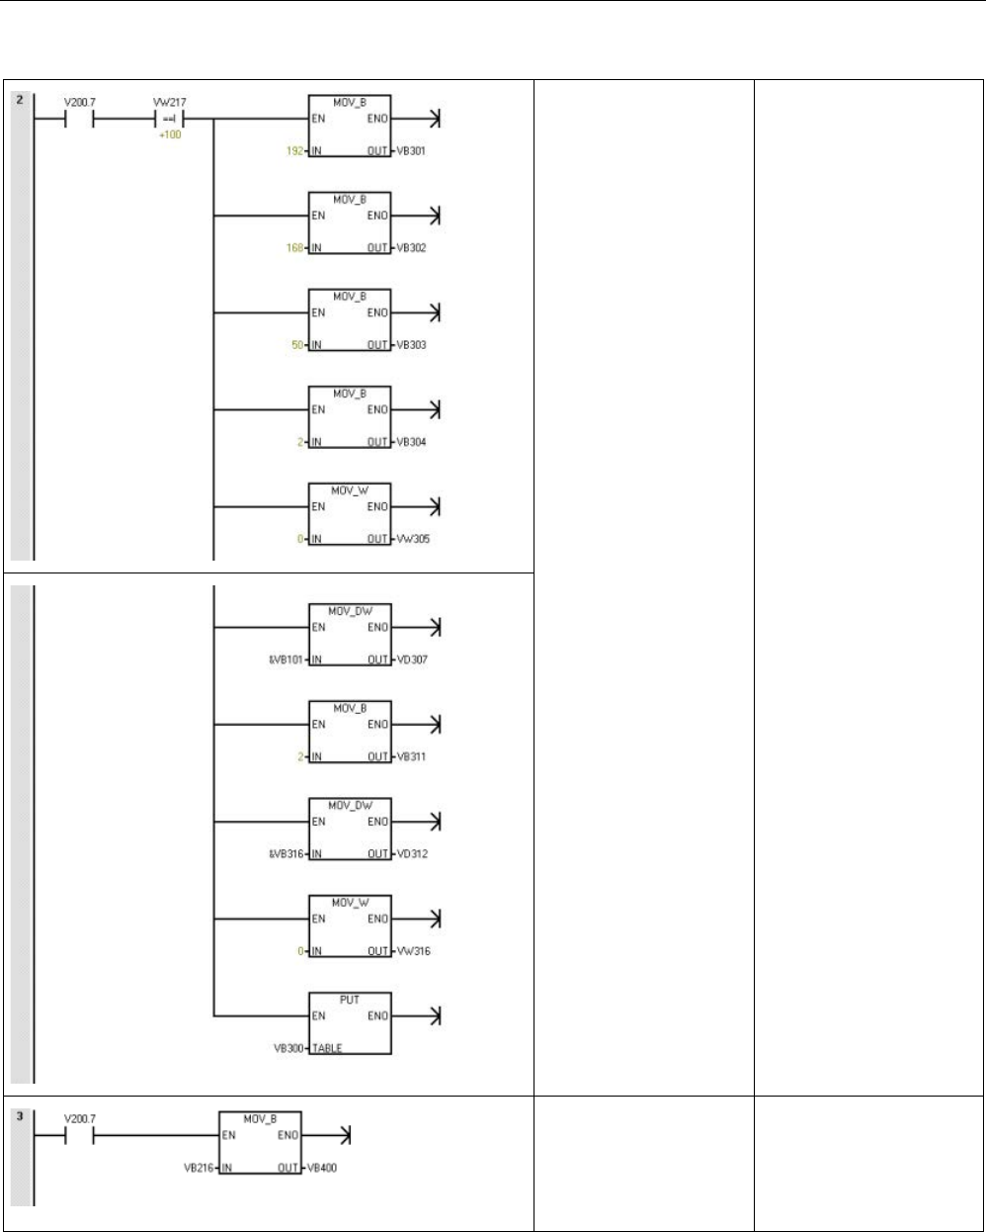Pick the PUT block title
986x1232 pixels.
[350, 998]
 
